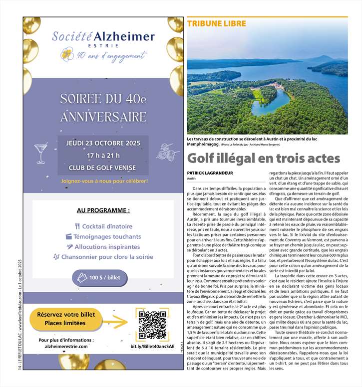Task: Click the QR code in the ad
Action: pos(152,324)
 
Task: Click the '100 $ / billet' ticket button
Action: pos(100,278)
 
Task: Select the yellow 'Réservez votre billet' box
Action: pos(66,319)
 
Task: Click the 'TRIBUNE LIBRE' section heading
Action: pos(210,24)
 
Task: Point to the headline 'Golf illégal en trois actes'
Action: pos(263,158)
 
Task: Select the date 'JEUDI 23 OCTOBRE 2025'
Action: pos(103,144)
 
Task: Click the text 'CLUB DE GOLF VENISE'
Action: pos(103,168)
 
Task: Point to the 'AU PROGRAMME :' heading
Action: pos(103,210)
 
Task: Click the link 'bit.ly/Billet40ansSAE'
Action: pos(152,346)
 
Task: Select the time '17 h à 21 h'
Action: pos(103,156)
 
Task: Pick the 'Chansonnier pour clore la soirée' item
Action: pos(107,257)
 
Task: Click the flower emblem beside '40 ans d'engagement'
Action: pos(67,54)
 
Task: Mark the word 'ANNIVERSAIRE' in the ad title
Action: pos(103,118)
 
